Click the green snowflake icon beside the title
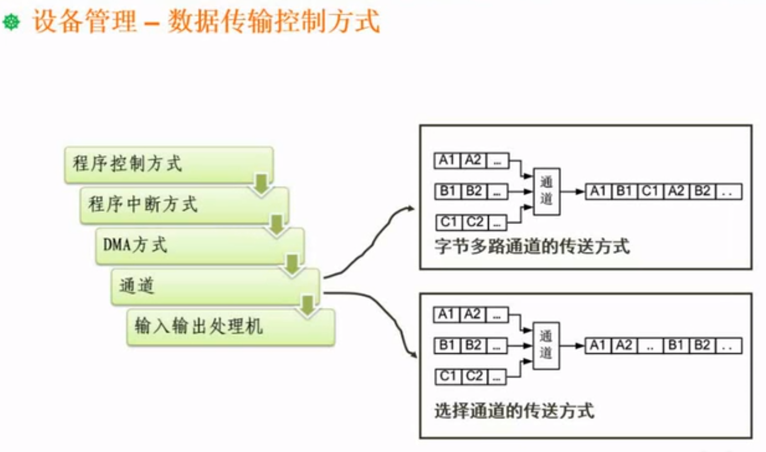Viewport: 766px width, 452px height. [x=11, y=22]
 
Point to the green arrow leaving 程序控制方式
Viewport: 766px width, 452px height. [x=262, y=184]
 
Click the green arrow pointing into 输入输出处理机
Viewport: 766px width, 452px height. [x=308, y=305]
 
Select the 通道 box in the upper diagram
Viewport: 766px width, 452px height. [x=546, y=191]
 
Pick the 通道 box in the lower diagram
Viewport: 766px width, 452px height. [x=546, y=345]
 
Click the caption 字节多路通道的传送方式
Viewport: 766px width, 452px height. [x=532, y=247]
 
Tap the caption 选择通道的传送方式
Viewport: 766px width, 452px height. [x=514, y=411]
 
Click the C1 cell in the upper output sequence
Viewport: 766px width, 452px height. [x=650, y=191]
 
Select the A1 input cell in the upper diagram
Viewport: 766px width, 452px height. [x=447, y=160]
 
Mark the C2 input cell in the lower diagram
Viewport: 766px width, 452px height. [x=474, y=376]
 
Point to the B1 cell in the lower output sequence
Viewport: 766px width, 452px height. [x=676, y=345]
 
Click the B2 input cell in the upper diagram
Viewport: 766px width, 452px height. [x=474, y=191]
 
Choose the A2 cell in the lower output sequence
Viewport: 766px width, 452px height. [x=624, y=345]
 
